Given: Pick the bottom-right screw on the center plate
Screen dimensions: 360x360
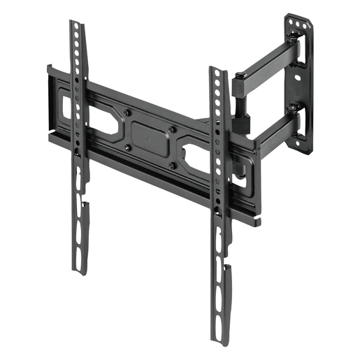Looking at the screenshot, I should pos(172,165).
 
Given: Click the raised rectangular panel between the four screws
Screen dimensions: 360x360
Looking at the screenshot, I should pos(150,139).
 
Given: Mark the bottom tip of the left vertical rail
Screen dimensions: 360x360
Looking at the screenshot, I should pos(82,271).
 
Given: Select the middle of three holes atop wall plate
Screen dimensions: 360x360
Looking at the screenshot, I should pos(299,24).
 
